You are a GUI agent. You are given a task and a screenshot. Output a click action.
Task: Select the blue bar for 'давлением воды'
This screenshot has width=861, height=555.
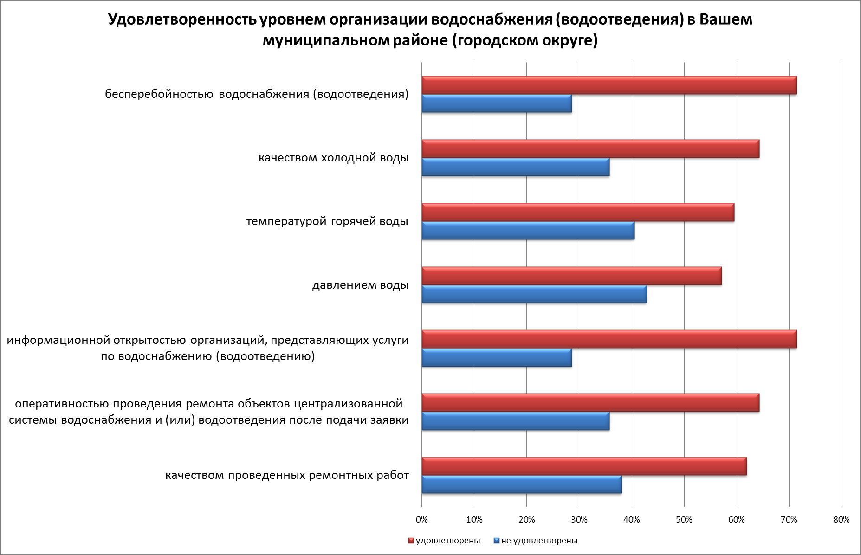[x=534, y=294]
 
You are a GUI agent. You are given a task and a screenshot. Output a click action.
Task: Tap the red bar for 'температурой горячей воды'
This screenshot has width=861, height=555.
[x=578, y=213]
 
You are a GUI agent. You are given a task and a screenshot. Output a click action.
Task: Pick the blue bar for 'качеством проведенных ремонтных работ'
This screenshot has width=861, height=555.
[x=522, y=484]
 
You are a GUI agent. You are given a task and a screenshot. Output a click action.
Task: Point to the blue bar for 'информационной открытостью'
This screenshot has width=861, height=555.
[x=497, y=358]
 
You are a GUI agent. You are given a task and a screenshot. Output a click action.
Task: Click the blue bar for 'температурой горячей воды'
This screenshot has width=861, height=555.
[x=528, y=231]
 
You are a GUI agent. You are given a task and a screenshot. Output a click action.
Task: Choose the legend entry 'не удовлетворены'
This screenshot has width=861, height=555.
[x=539, y=541]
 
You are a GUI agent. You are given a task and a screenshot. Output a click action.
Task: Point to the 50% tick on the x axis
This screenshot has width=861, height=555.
[x=684, y=520]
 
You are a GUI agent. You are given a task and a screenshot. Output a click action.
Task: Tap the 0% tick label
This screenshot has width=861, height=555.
[x=421, y=520]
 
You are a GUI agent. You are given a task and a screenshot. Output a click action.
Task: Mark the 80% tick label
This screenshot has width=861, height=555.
[x=842, y=520]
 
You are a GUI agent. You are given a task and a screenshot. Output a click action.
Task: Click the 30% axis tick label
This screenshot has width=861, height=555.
[x=579, y=520]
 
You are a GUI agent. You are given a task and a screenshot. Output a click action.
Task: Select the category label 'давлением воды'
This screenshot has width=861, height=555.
[x=360, y=285]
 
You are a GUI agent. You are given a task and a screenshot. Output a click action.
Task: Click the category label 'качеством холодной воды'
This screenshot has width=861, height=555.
[x=333, y=158]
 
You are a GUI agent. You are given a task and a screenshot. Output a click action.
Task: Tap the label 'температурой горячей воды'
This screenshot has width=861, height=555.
[x=327, y=221]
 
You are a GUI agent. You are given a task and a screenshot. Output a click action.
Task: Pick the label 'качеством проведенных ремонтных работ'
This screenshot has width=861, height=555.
[x=287, y=476]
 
